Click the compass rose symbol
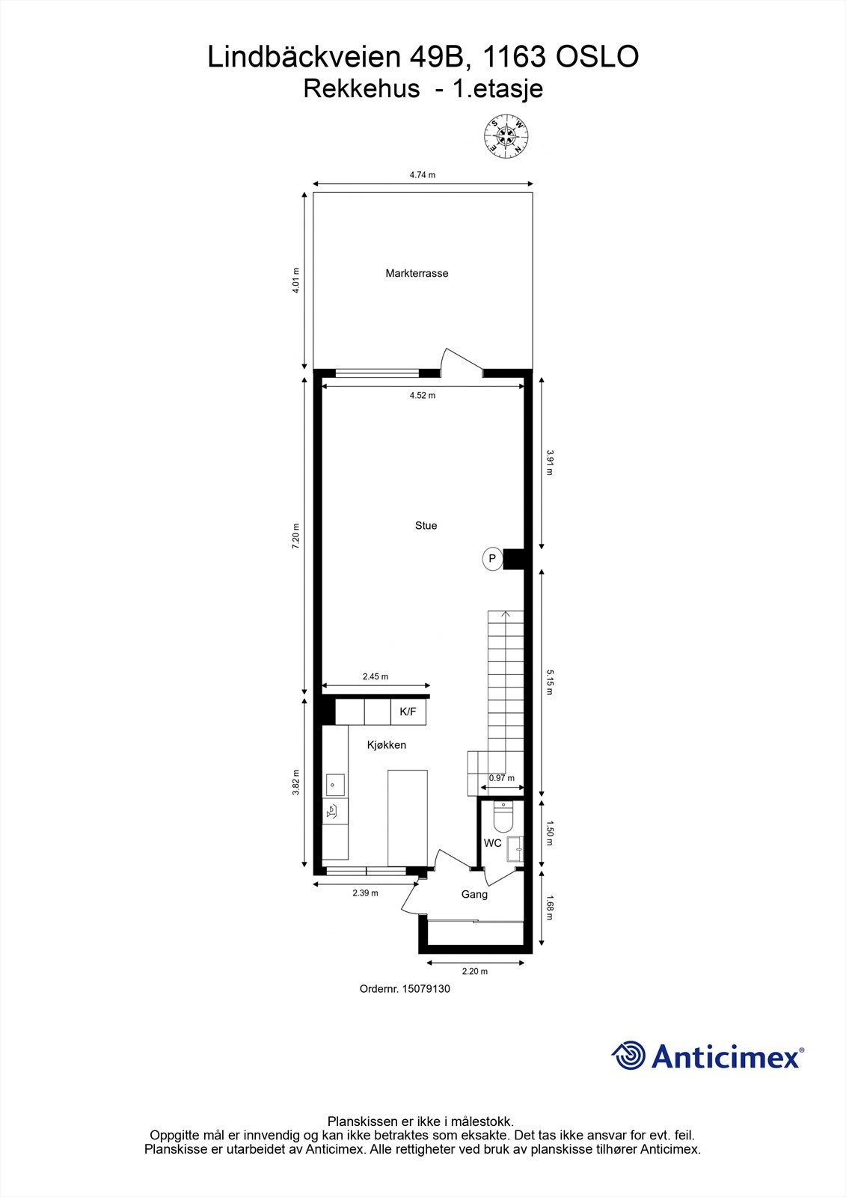[x=507, y=137]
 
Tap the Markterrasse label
[x=417, y=274]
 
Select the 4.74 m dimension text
[x=422, y=175]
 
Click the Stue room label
[x=426, y=526]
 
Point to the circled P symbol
[x=492, y=558]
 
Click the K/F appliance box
[x=408, y=711]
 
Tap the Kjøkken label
[x=386, y=745]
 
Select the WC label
[x=492, y=843]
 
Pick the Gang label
[x=474, y=894]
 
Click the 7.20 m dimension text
[x=295, y=536]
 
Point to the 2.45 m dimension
[x=376, y=676]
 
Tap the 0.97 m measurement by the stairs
[x=501, y=778]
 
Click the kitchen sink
[x=334, y=785]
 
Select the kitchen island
[x=407, y=817]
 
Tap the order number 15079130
[x=426, y=988]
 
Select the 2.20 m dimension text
[x=474, y=971]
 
